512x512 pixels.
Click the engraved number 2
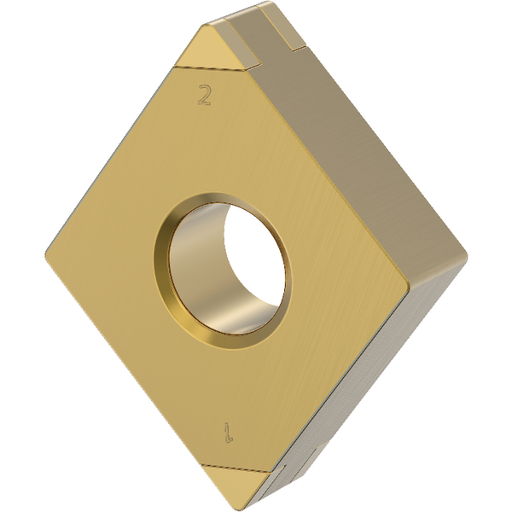coord(204,95)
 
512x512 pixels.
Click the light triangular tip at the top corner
coord(210,48)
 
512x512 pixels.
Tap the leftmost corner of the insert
coord(46,253)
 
